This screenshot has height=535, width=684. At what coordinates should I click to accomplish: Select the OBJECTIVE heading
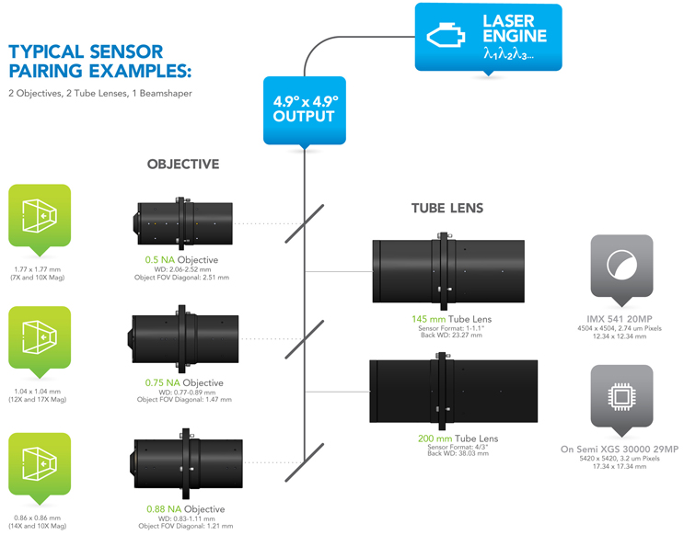point(183,165)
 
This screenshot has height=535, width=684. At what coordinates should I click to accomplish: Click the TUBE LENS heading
point(447,209)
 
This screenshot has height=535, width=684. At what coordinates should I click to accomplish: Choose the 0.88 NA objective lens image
point(191,461)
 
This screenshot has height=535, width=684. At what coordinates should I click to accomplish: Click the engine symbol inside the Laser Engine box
point(445,35)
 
